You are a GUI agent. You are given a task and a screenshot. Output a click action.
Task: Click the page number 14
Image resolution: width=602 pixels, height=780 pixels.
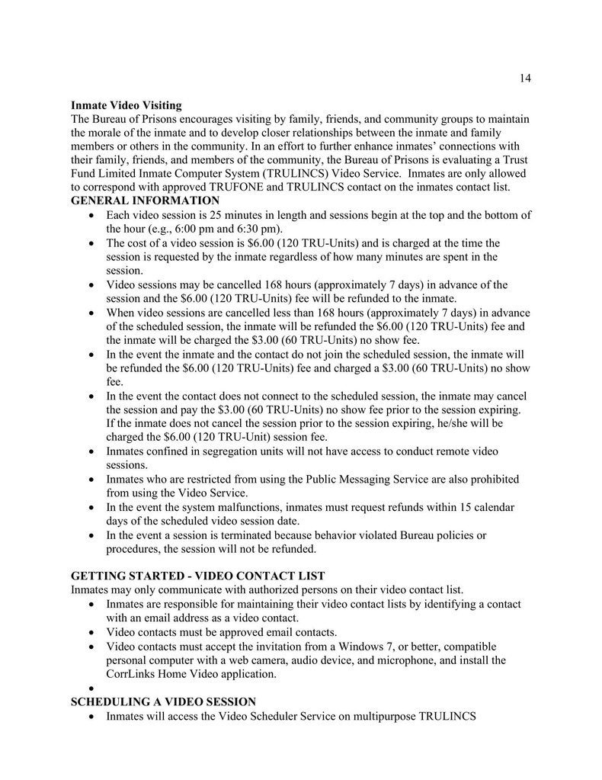(x=525, y=78)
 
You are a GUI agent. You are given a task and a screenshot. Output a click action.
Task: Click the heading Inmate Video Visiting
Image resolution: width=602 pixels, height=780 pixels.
(x=126, y=104)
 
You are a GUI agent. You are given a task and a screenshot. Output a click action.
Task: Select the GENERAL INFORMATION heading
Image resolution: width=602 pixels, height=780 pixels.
(x=145, y=201)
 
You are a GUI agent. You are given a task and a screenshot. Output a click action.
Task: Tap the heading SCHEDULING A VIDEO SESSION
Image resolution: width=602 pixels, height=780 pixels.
(x=163, y=701)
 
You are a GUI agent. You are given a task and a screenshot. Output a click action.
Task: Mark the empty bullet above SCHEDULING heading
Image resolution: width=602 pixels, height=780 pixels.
(x=91, y=689)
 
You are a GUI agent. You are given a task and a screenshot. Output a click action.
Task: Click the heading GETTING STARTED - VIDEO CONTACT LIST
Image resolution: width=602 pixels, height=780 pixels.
(x=198, y=575)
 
